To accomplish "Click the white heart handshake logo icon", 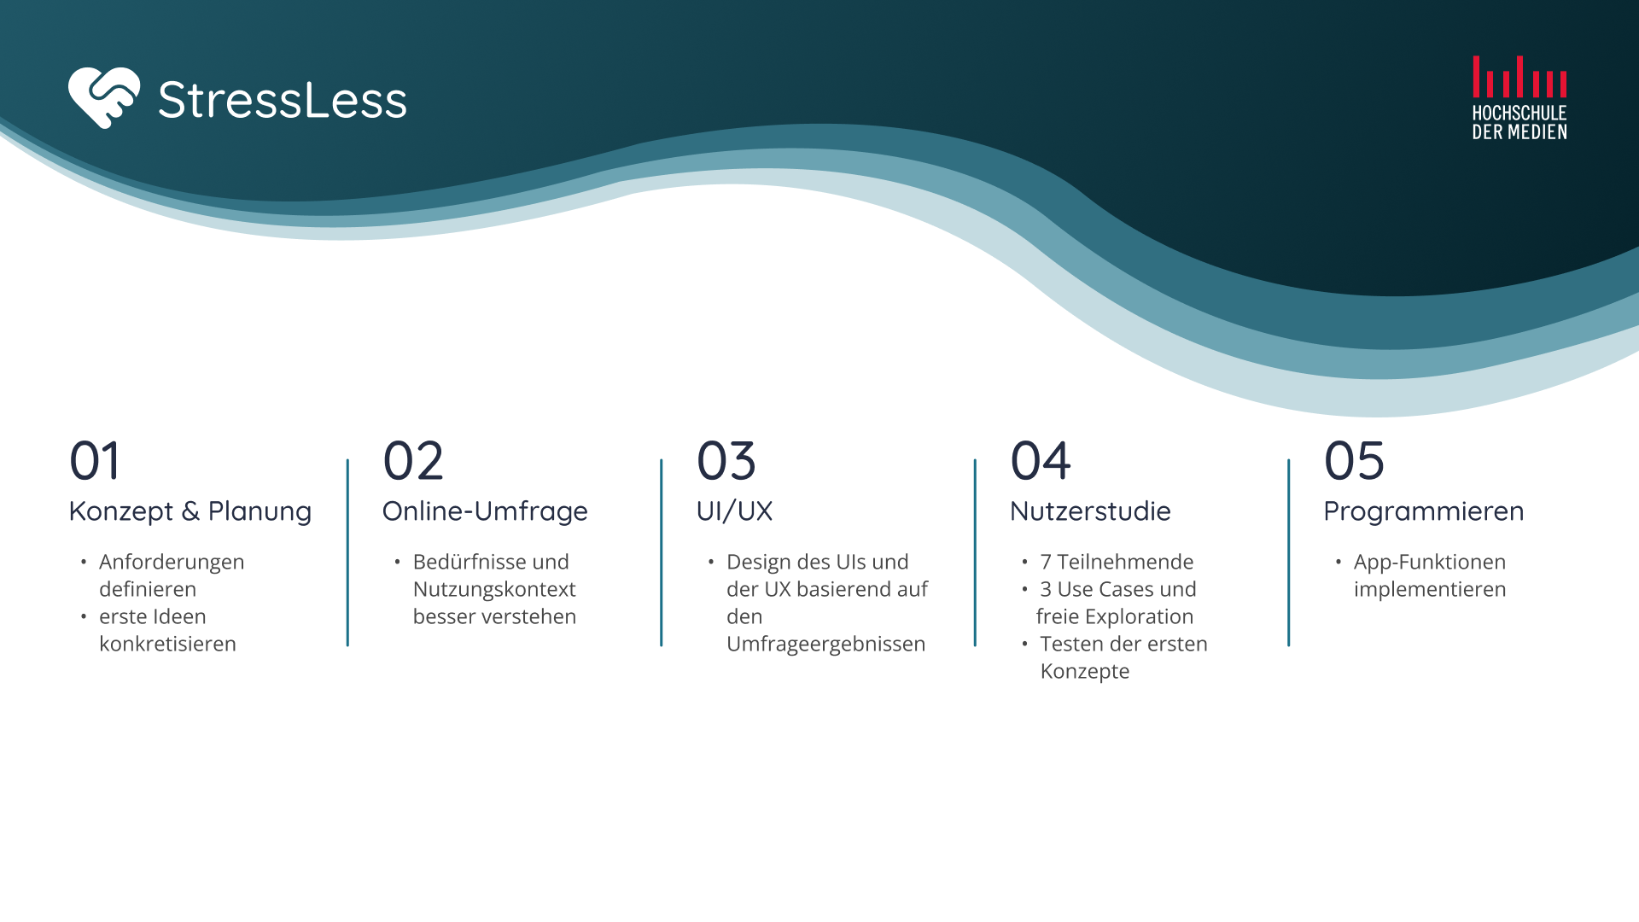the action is (x=104, y=98).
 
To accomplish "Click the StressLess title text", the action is (x=283, y=100).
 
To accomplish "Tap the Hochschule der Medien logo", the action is (x=1519, y=97).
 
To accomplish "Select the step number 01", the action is (x=95, y=461).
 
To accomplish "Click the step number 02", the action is (x=413, y=461).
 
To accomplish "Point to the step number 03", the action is (x=726, y=461).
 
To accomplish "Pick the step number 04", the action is (x=1041, y=461).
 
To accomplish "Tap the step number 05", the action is (x=1354, y=461).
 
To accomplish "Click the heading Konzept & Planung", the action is (x=190, y=511).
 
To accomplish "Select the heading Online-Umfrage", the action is (x=485, y=511).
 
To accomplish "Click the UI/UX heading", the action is (x=734, y=511).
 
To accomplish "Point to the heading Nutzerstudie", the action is (x=1090, y=511).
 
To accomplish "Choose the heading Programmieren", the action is (x=1424, y=511).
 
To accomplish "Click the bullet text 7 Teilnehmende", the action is (x=1117, y=562).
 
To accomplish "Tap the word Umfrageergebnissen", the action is (x=825, y=644).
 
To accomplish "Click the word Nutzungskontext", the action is (x=494, y=589).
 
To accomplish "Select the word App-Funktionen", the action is (x=1430, y=562).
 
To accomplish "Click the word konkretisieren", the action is (x=167, y=644).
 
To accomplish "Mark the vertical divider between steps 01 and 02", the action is (x=347, y=552).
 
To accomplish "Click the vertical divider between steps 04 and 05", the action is (x=1288, y=552).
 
